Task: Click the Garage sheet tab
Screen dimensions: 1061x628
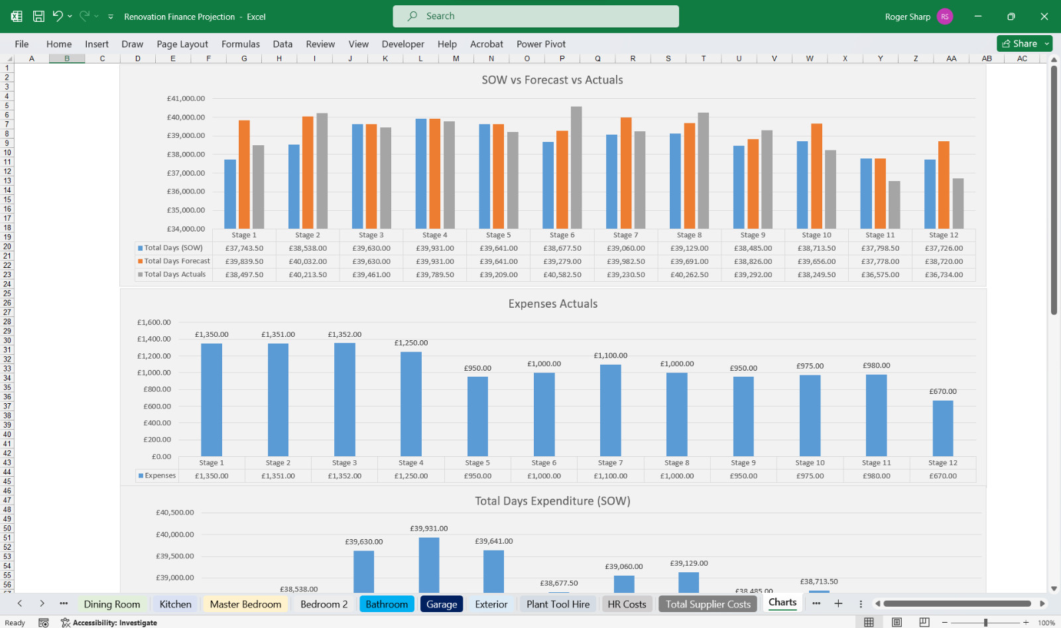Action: click(442, 604)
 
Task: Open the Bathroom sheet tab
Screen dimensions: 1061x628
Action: click(387, 604)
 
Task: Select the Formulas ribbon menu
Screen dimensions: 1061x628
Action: click(241, 44)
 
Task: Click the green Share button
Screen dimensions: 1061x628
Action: click(1025, 44)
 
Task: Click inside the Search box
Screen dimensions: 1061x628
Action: click(536, 16)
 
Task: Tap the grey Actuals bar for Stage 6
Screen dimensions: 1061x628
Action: click(576, 168)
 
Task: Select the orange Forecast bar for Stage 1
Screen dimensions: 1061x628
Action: click(244, 174)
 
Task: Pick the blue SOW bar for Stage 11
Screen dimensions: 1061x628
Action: click(866, 194)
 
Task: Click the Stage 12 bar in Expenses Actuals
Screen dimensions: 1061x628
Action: click(942, 428)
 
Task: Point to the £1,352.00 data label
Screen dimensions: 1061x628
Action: click(344, 334)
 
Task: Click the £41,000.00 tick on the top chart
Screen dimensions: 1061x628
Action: click(186, 99)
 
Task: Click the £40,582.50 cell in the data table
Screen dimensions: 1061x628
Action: click(562, 275)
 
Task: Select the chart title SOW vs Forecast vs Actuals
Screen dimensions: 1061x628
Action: click(552, 80)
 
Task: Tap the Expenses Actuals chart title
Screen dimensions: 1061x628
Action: click(553, 304)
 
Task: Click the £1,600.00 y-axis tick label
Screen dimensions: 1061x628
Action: click(154, 322)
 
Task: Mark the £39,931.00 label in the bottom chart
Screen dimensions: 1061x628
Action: click(428, 528)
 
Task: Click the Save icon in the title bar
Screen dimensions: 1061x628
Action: click(38, 17)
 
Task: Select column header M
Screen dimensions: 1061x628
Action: click(456, 58)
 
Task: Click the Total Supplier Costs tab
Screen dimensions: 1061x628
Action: click(708, 604)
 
